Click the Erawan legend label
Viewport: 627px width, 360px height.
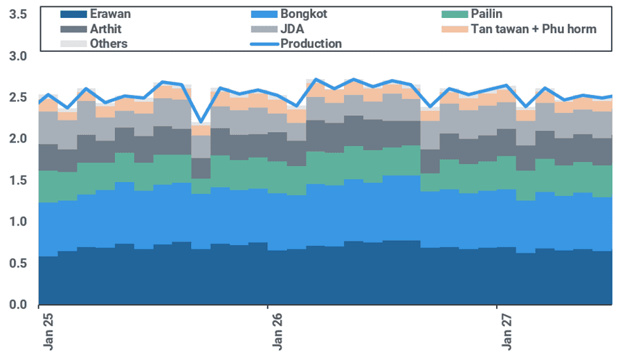click(x=110, y=14)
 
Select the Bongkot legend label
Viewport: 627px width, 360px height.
click(x=304, y=14)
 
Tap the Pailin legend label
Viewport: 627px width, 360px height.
click(x=487, y=14)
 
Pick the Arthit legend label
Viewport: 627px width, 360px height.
click(x=106, y=29)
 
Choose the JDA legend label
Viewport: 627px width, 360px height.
click(x=292, y=29)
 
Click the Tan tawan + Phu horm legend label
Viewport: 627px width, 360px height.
click(x=534, y=29)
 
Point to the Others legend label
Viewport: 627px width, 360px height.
click(x=109, y=44)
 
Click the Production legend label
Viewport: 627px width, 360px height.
click(x=311, y=44)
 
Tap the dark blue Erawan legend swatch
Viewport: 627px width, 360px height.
click(x=73, y=15)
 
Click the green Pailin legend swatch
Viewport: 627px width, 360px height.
click(x=455, y=15)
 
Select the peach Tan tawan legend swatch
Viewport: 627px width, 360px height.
click(x=455, y=29)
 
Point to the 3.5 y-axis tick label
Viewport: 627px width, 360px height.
click(x=18, y=15)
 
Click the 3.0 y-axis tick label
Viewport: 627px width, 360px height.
click(x=18, y=56)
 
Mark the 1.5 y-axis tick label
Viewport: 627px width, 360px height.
click(x=18, y=180)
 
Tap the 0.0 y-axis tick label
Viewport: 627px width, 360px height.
click(x=18, y=305)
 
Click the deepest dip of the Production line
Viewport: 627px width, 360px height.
click(x=201, y=122)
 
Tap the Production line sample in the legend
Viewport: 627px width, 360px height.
click(x=264, y=44)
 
